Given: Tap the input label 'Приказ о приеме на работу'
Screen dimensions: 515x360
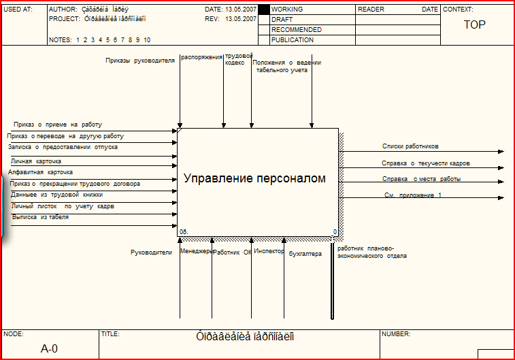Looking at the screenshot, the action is [58, 125].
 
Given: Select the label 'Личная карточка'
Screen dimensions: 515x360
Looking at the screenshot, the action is [36, 161].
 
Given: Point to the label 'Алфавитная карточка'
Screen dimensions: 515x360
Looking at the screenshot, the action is [40, 172].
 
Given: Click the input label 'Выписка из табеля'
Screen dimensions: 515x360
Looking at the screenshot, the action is [40, 217].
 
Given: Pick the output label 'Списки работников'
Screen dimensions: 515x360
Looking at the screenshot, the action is [410, 146].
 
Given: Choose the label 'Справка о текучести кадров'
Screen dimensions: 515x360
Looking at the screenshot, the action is [425, 163].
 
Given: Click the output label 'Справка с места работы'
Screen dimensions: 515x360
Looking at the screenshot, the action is [421, 179].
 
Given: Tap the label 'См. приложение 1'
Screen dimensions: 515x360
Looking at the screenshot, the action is [413, 195].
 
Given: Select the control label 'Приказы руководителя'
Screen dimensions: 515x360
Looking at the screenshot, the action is [140, 61].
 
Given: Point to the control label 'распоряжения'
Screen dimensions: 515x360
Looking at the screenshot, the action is [202, 58].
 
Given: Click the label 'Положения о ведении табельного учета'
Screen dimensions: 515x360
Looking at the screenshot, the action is [286, 66].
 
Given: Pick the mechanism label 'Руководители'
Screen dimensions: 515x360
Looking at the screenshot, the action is [151, 252].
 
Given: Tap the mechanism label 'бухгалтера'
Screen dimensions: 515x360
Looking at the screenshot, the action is [305, 255].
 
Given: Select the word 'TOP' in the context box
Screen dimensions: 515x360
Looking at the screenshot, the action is [474, 24].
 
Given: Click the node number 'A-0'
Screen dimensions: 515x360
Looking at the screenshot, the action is [50, 348].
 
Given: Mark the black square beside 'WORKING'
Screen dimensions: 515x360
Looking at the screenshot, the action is [264, 10].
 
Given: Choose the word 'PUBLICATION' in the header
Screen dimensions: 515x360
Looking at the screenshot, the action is [293, 40].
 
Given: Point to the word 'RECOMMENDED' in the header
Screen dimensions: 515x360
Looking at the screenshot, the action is [297, 30].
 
